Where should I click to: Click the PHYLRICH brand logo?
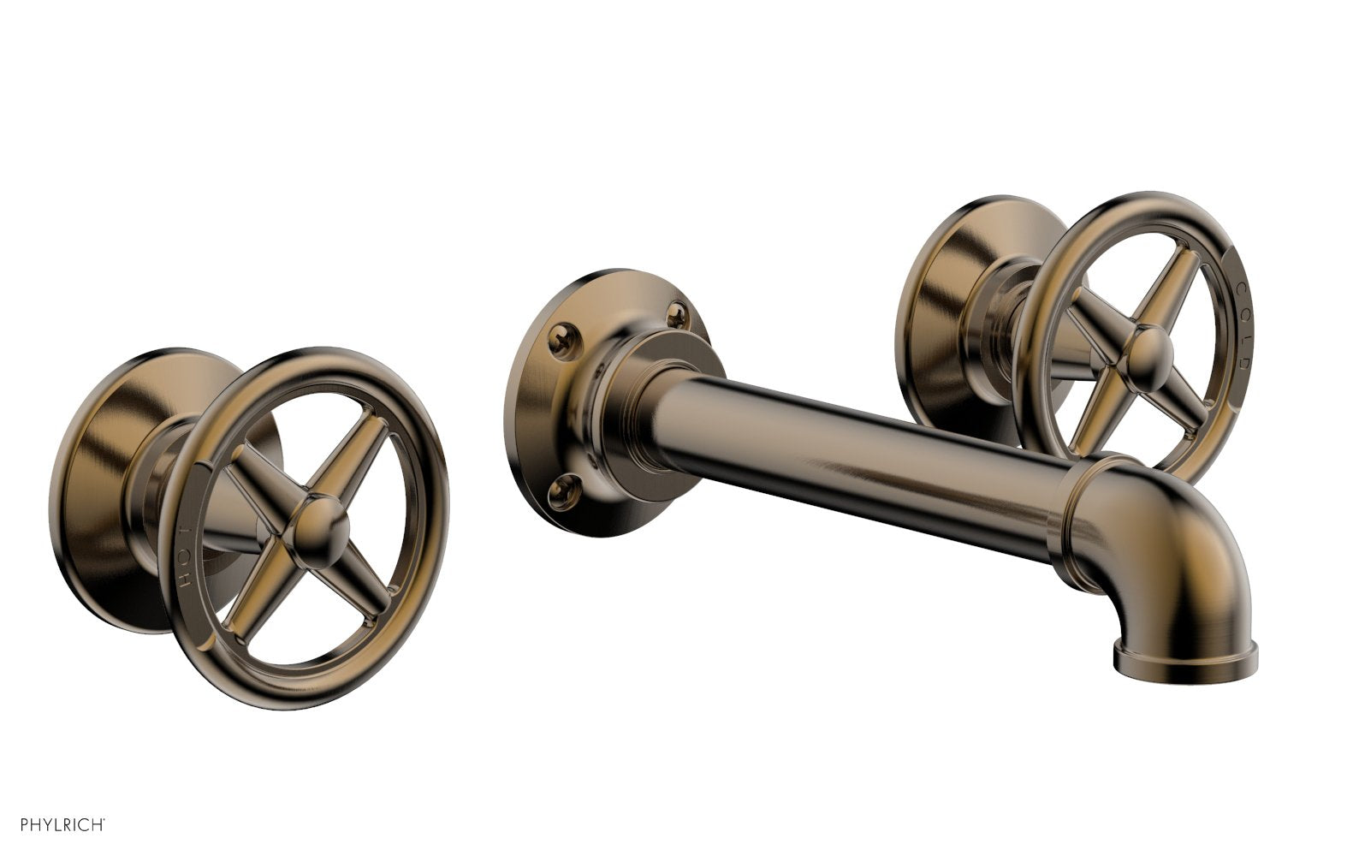pyautogui.click(x=53, y=825)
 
